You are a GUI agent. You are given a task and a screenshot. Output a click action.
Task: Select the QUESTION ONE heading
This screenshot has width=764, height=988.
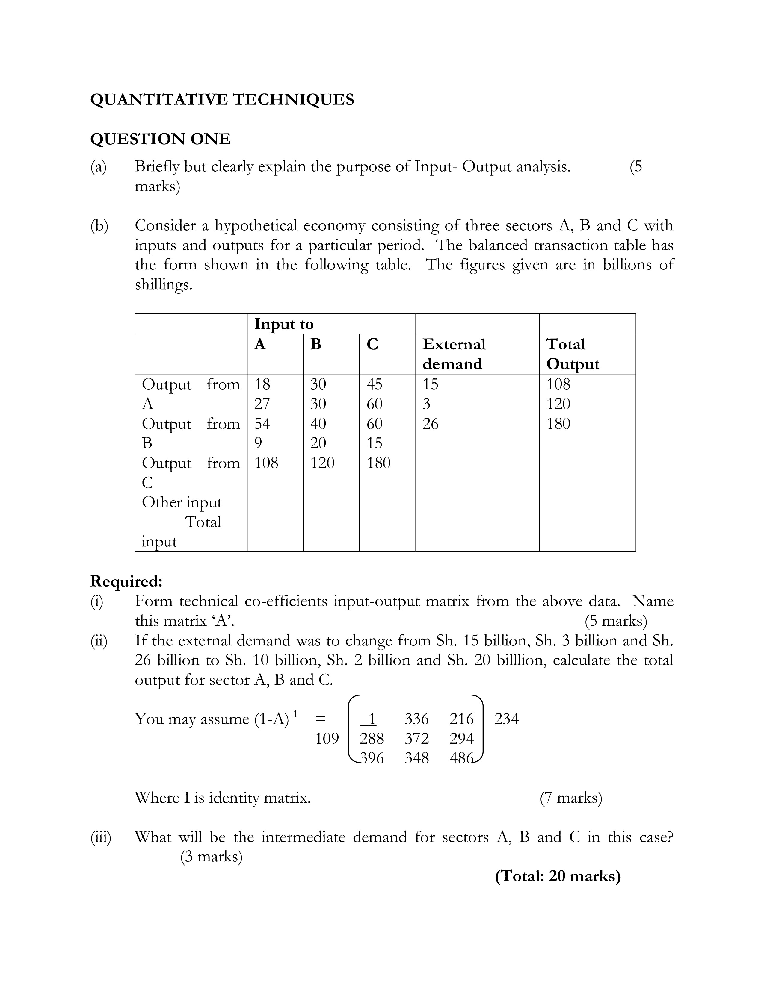click(x=160, y=139)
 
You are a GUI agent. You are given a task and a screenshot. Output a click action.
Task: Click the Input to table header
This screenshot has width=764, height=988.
click(x=283, y=324)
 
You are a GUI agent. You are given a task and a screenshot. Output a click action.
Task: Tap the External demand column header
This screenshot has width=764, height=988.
click(x=454, y=354)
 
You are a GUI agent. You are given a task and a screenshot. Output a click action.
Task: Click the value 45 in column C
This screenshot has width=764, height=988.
click(x=374, y=384)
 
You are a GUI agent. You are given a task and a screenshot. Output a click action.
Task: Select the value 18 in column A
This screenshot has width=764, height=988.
click(x=262, y=384)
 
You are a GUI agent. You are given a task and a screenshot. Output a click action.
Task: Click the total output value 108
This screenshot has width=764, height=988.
click(x=558, y=384)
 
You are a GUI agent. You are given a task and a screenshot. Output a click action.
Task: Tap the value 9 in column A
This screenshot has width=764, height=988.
click(x=258, y=443)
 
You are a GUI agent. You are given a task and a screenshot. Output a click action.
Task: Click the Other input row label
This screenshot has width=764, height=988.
click(x=182, y=502)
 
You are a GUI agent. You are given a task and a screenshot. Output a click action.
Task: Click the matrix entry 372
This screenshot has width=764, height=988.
click(x=416, y=738)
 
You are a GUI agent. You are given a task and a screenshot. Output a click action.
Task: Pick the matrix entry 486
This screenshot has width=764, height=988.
click(x=461, y=758)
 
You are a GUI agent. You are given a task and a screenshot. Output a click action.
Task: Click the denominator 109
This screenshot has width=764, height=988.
click(x=327, y=738)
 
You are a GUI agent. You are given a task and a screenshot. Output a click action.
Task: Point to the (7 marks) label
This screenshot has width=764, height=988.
click(x=571, y=798)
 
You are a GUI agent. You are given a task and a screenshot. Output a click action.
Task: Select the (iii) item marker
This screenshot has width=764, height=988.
click(x=100, y=837)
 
